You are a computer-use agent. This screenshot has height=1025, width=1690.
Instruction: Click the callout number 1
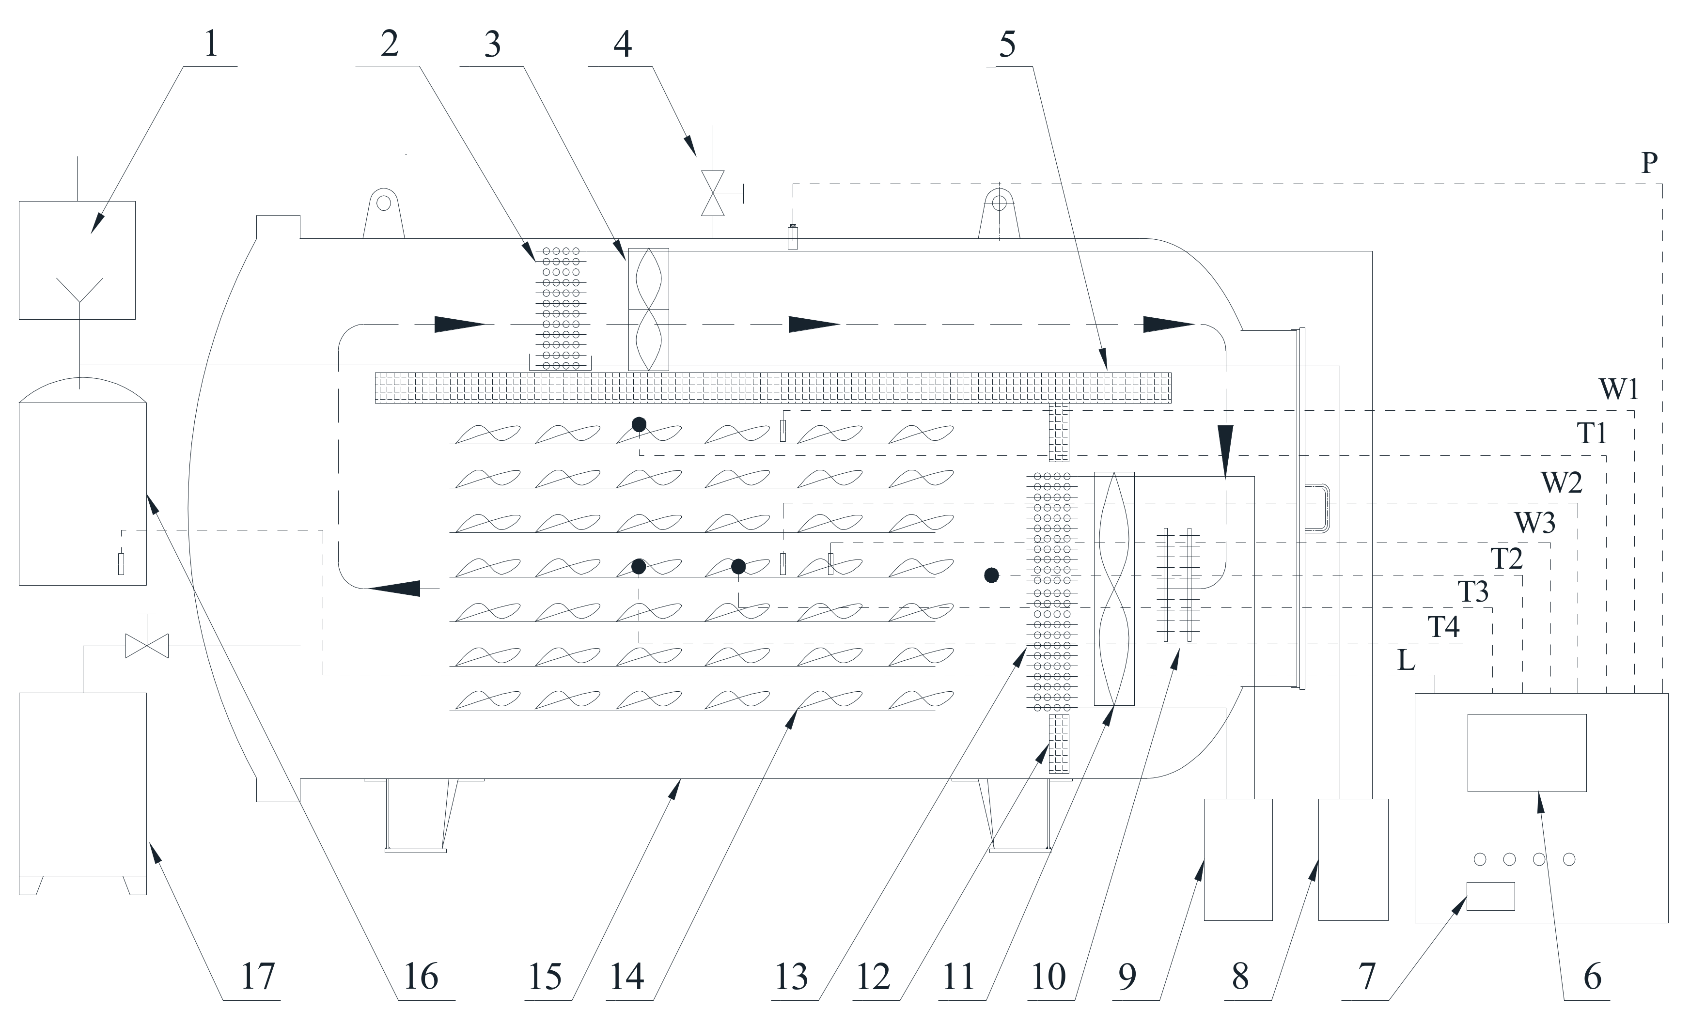211,44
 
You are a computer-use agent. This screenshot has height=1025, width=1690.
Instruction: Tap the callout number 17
258,977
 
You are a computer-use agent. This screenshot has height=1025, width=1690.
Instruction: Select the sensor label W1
1619,389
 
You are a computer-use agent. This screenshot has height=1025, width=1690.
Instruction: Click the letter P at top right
1649,163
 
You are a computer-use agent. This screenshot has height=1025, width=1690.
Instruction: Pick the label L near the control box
1406,660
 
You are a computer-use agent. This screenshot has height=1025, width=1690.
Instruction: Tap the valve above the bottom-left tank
147,646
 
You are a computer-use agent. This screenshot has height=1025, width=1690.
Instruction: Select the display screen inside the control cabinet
1527,752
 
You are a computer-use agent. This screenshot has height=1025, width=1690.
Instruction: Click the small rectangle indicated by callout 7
1490,896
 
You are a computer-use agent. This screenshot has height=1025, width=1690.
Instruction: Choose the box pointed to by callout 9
1238,859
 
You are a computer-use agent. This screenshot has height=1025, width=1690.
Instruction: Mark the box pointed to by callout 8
1353,859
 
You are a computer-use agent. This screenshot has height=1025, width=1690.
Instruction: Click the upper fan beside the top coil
649,309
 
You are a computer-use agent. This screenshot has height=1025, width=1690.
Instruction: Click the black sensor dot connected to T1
639,424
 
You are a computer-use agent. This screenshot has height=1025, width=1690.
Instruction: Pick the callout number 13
791,977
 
